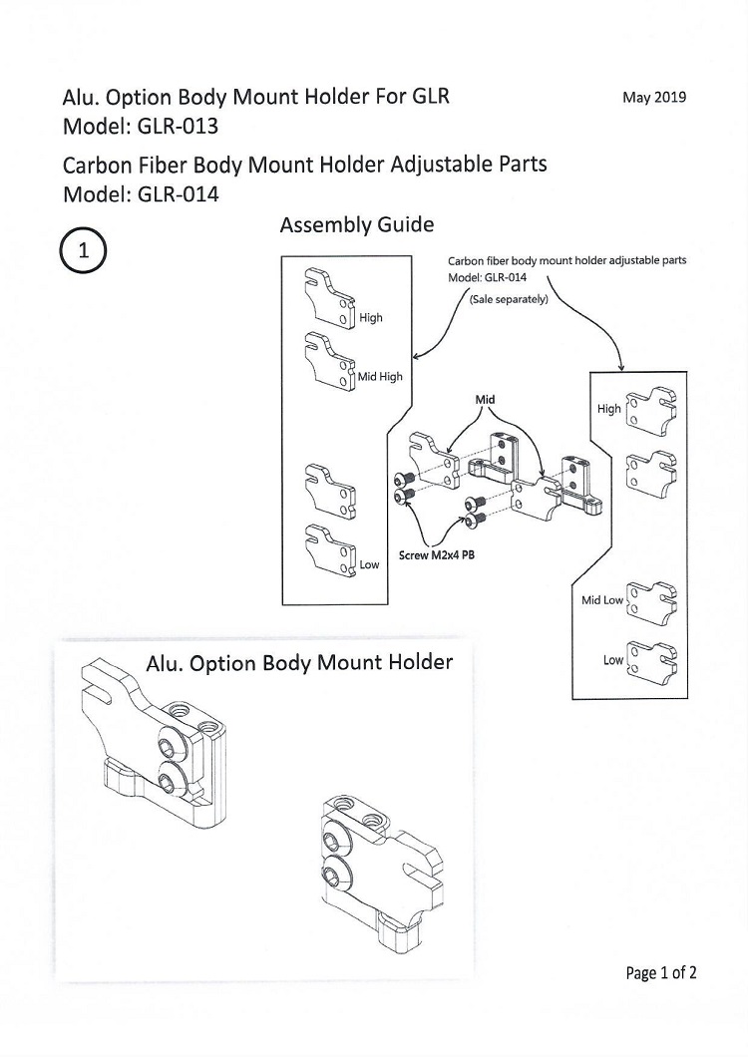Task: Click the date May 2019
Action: coord(653,97)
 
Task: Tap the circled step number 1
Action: coord(83,250)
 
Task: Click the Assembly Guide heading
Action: coord(357,225)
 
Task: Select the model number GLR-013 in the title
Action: coord(178,127)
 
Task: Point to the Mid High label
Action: coord(380,376)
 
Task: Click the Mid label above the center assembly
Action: coord(485,399)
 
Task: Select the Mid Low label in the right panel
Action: coord(602,599)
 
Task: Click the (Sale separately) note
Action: coord(509,299)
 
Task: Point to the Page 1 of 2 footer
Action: coord(661,972)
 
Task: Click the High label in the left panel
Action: coord(370,317)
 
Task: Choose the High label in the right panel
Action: coord(608,409)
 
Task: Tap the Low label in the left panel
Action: coord(369,564)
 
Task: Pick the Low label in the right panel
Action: coord(613,660)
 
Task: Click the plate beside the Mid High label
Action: coord(330,361)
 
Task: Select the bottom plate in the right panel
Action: coord(652,657)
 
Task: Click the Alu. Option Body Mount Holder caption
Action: coord(299,663)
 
